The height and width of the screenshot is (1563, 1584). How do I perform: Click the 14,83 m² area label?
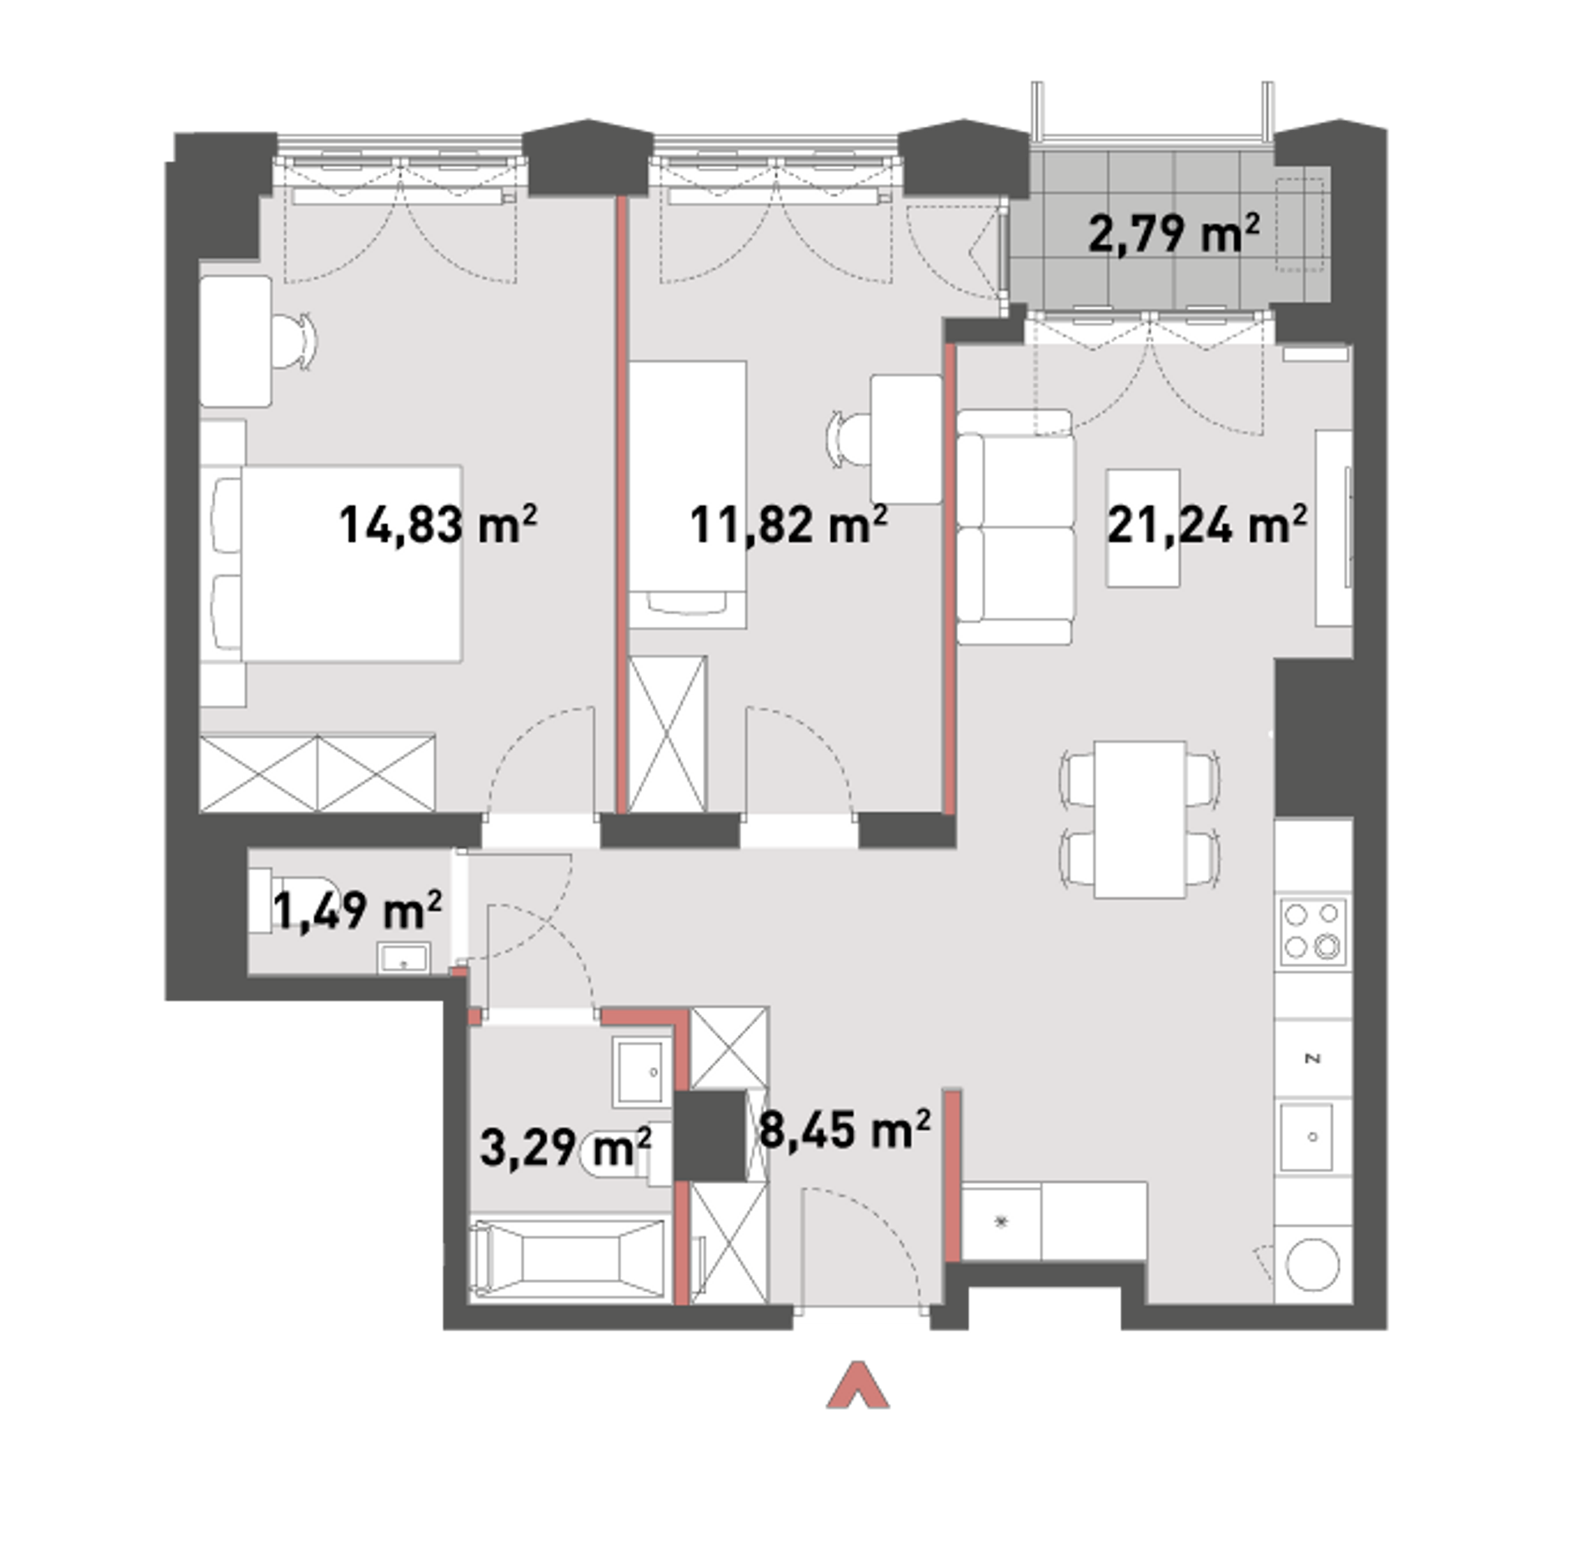(438, 525)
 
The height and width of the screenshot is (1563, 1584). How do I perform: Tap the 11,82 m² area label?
(788, 525)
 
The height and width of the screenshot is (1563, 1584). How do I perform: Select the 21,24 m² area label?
(1206, 525)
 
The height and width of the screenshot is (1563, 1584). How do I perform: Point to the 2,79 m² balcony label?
(1174, 233)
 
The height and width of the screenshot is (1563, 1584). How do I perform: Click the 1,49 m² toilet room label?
(357, 910)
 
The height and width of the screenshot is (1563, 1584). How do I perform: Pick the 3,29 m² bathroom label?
(565, 1148)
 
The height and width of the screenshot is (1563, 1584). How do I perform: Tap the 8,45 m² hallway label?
(845, 1131)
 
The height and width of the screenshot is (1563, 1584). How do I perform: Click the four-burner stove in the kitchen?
(1313, 930)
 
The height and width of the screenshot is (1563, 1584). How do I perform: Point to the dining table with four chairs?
(1140, 819)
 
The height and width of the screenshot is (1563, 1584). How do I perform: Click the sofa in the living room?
(1015, 527)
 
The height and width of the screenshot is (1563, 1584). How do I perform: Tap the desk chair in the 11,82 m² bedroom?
(850, 438)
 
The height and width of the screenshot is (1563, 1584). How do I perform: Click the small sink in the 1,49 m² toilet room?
(404, 958)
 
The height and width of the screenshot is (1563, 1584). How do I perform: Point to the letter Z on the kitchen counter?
(1313, 1059)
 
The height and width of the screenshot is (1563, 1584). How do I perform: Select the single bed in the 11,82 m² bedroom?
(687, 494)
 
